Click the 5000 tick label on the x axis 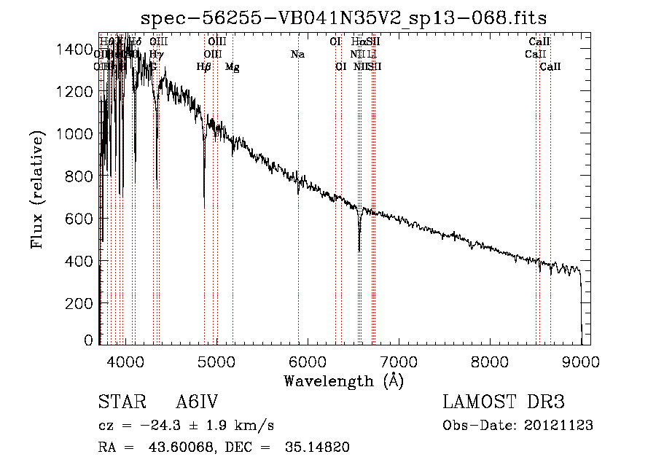[x=216, y=361]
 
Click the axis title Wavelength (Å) [x=343, y=380]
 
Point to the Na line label [x=297, y=54]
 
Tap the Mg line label [x=232, y=67]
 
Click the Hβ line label [x=204, y=67]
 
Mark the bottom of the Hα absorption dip [x=359, y=251]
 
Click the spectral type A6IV [x=198, y=402]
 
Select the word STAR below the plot [x=116, y=402]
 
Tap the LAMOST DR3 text [x=504, y=402]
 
